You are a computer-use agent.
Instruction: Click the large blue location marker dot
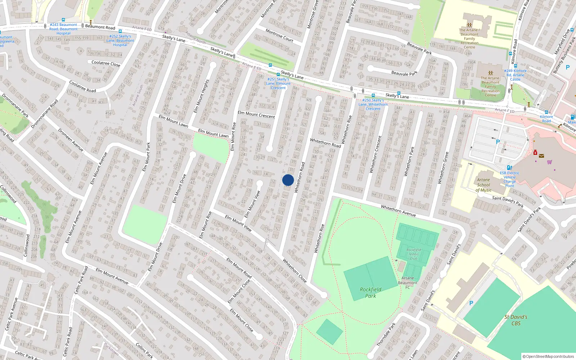288,180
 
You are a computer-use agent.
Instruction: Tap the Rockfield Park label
370,292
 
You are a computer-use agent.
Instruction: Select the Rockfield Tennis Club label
414,254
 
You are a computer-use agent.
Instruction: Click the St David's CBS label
516,320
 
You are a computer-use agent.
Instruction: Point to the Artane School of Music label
483,185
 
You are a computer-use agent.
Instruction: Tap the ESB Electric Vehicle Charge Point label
509,179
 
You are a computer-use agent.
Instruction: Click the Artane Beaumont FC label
408,283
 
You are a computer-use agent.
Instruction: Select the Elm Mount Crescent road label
256,114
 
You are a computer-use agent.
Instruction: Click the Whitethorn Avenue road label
398,211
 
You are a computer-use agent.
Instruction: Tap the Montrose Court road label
279,35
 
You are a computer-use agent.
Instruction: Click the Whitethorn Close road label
294,270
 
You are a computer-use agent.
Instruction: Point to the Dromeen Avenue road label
71,140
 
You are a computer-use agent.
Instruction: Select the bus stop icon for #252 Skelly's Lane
120,31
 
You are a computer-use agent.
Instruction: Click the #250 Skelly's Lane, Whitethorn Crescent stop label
373,104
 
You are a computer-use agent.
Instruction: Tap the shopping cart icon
549,162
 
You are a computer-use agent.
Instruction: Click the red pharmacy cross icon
535,153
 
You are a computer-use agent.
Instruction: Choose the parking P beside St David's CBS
471,303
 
